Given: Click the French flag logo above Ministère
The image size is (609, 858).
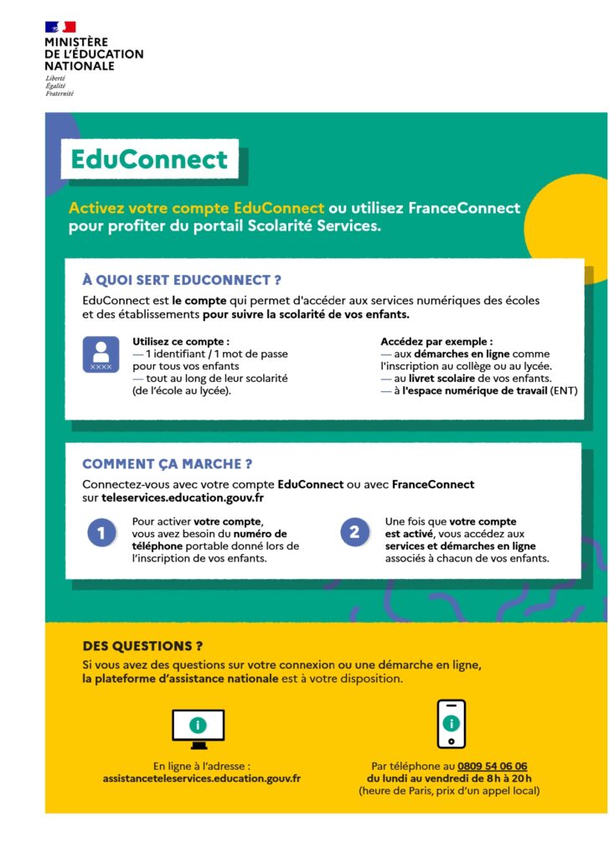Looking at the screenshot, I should point(60,28).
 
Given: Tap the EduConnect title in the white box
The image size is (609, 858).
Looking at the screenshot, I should point(149,159).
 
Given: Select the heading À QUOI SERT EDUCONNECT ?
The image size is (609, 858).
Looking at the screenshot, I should point(188,280).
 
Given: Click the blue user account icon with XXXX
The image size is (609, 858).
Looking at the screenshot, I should point(101,354).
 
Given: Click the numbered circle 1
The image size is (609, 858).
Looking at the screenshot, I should point(101,532).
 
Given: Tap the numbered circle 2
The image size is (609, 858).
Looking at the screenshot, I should point(354,532).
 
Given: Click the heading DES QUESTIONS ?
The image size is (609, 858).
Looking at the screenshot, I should point(142,646).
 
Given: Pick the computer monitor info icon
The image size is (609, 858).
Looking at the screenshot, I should point(198,727).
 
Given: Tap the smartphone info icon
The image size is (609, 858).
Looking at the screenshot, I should point(452,724).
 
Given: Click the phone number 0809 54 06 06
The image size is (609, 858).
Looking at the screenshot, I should point(493,766).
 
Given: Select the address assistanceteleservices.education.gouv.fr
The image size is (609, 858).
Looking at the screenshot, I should point(202,778).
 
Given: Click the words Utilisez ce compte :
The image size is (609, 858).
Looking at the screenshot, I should point(181,341).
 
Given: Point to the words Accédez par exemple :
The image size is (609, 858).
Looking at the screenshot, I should point(436,341).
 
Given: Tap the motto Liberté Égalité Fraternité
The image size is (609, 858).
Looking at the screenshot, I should point(59,85).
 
